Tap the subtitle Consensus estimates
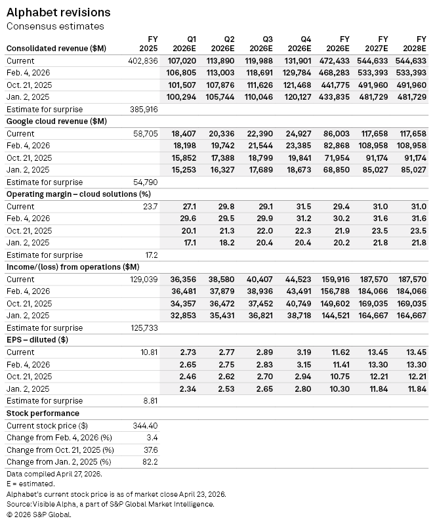pyautogui.click(x=55, y=26)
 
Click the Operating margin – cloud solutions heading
pyautogui.click(x=78, y=194)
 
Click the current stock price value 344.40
pyautogui.click(x=146, y=425)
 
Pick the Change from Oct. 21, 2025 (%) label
pyautogui.click(x=60, y=450)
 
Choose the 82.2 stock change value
pyautogui.click(x=150, y=462)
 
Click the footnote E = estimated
pyautogui.click(x=30, y=483)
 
